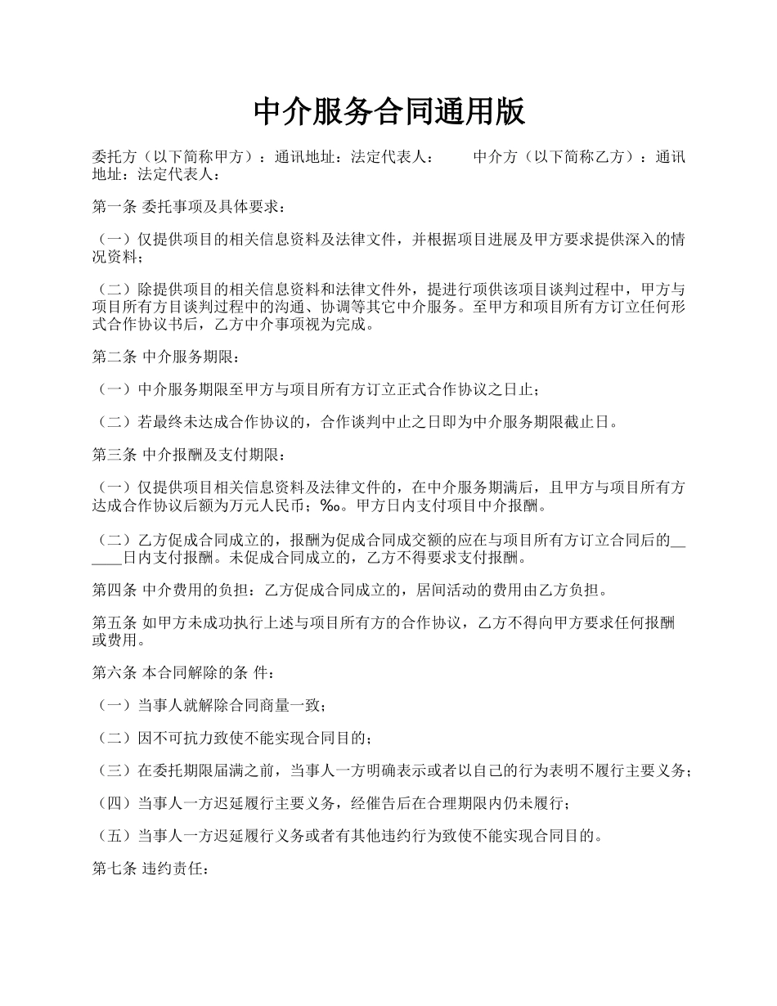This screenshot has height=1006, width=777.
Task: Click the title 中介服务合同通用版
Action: [388, 112]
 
